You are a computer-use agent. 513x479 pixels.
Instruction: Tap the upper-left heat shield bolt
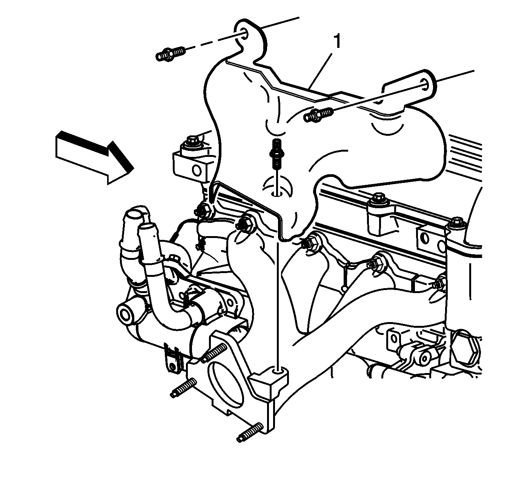click(170, 54)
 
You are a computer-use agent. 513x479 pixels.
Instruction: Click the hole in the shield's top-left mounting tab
click(244, 34)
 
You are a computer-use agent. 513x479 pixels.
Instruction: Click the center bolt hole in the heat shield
click(276, 193)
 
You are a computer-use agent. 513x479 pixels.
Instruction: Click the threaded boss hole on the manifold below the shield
click(277, 371)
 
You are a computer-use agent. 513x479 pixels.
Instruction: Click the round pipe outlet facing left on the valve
click(126, 315)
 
